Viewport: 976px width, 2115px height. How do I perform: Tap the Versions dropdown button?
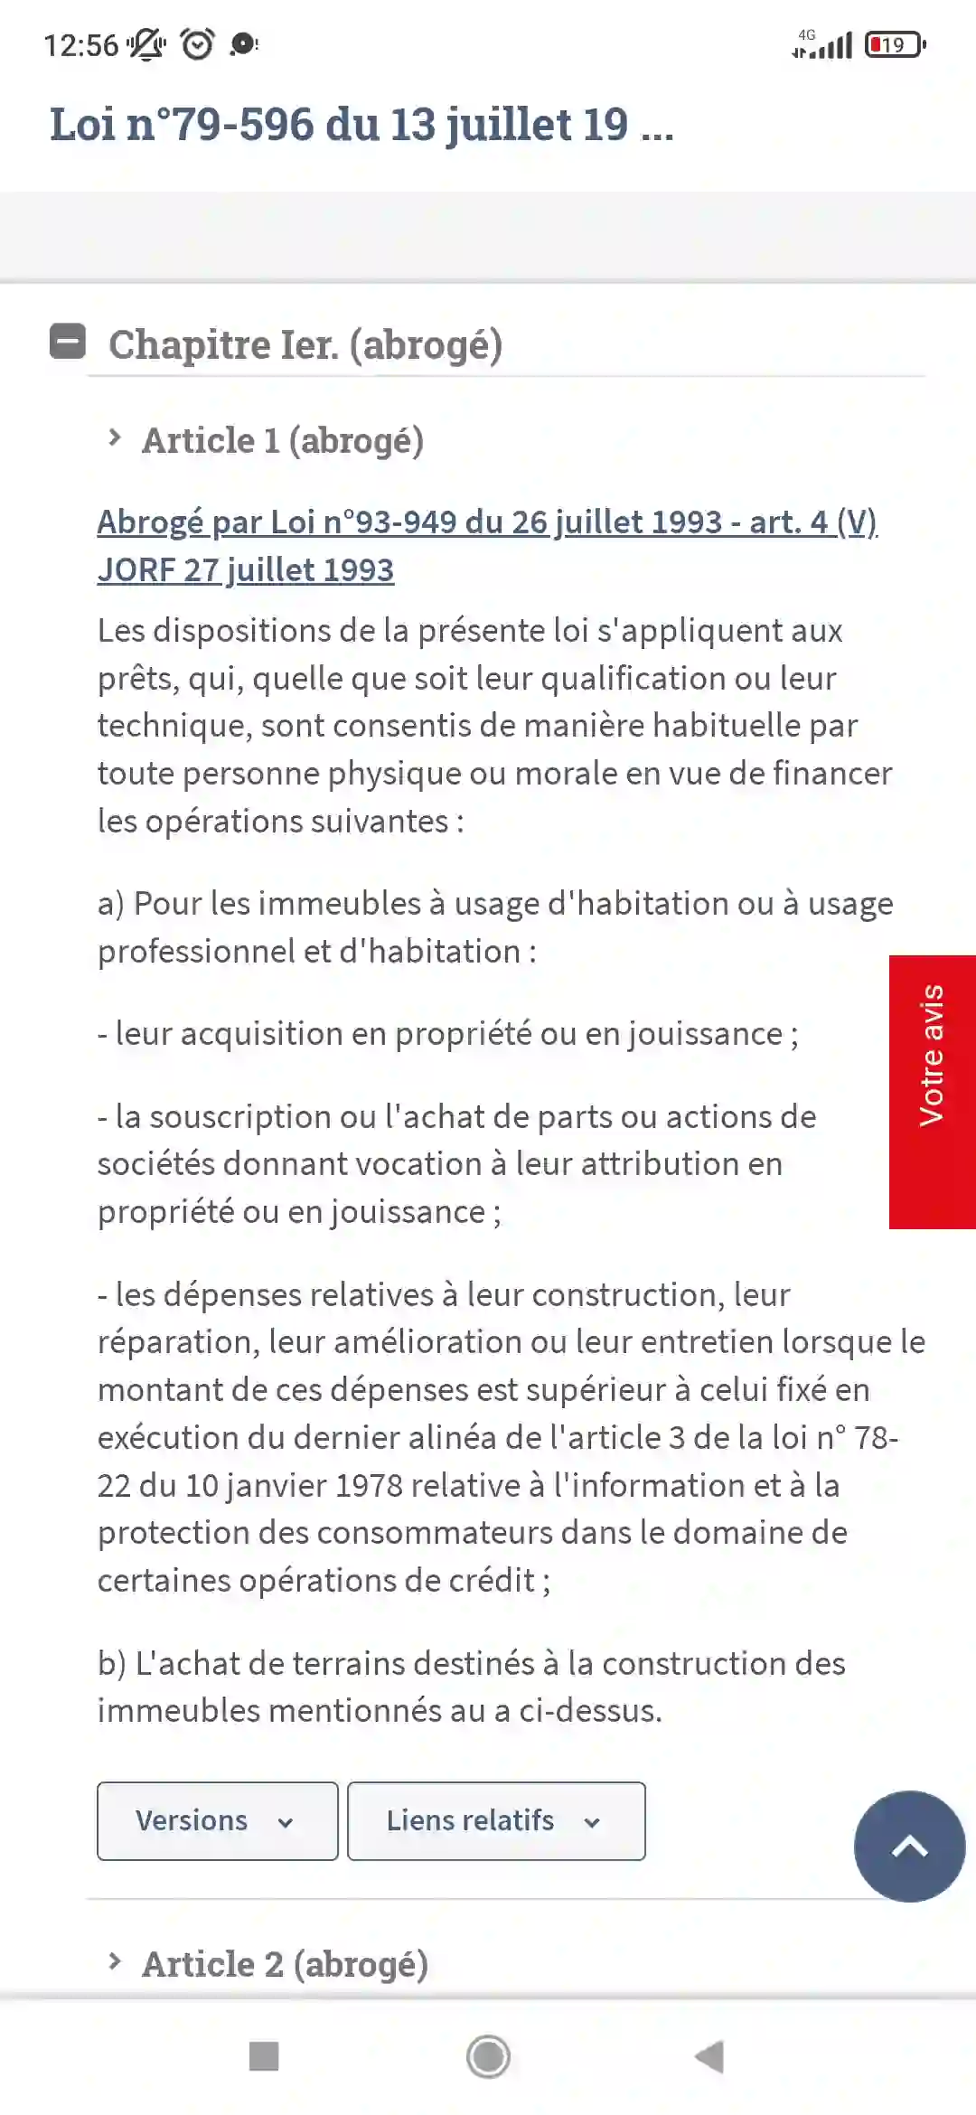pyautogui.click(x=217, y=1820)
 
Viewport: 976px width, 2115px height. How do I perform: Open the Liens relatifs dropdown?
pyautogui.click(x=495, y=1820)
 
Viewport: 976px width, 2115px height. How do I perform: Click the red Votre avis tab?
pyautogui.click(x=932, y=1092)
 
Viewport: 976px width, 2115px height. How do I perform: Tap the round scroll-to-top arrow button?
pyautogui.click(x=909, y=1846)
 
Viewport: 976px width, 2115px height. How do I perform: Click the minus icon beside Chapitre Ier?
pyautogui.click(x=68, y=342)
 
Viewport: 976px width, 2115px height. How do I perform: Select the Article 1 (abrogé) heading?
pyautogui.click(x=282, y=441)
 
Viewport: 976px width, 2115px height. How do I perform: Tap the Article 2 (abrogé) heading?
pyautogui.click(x=285, y=1964)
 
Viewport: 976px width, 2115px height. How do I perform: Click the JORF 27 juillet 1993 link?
pyautogui.click(x=246, y=570)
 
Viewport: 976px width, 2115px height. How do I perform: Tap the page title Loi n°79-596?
pyautogui.click(x=361, y=125)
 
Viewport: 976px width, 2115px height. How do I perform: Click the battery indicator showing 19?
pyautogui.click(x=895, y=44)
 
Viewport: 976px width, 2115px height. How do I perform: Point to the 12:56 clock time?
pyautogui.click(x=80, y=45)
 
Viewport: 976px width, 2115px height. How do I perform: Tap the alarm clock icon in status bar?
pyautogui.click(x=197, y=43)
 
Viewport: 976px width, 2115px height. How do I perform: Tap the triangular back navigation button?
pyautogui.click(x=709, y=2056)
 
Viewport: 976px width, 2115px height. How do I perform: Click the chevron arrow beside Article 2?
pyautogui.click(x=115, y=1961)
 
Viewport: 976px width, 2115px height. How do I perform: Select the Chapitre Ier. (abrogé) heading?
pyautogui.click(x=305, y=345)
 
